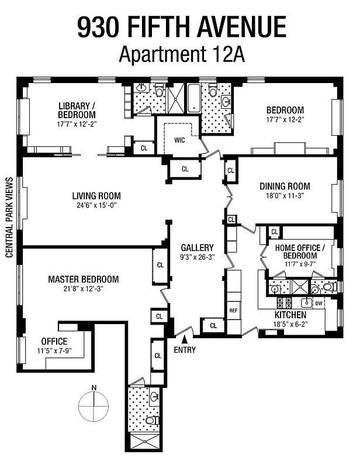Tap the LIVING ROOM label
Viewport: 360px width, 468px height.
[96, 196]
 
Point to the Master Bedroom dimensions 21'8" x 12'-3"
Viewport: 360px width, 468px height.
[83, 290]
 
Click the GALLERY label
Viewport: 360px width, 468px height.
[196, 247]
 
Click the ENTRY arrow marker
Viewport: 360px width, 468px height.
[185, 339]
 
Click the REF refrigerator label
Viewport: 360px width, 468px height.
[233, 311]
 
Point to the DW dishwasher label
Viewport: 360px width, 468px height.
[319, 304]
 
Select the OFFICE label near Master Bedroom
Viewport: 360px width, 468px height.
[54, 341]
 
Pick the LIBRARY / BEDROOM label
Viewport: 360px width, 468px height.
[77, 110]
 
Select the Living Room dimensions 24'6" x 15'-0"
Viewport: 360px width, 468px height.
[96, 206]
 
